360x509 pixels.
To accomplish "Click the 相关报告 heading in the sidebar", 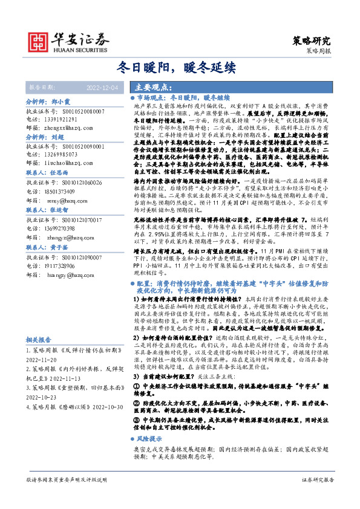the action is pos(39,357).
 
